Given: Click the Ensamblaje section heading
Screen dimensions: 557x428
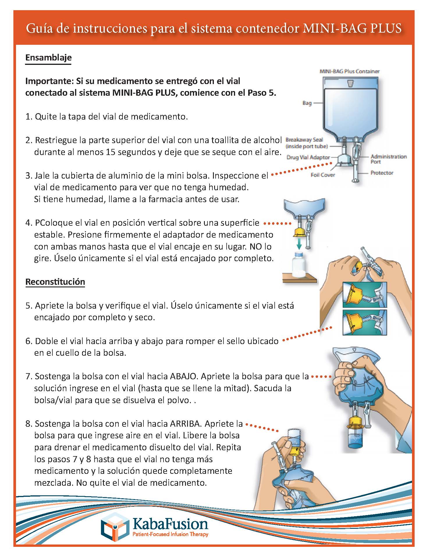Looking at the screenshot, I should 48,57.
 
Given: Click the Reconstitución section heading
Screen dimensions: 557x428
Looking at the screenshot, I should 55,282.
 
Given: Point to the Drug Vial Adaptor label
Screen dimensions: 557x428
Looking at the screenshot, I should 308,157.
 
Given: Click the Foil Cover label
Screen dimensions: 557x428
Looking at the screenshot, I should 323,175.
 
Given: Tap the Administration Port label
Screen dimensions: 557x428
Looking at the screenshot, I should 388,159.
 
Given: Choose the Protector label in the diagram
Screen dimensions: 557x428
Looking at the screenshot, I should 382,173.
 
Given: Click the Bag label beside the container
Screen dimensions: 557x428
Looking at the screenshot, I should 307,103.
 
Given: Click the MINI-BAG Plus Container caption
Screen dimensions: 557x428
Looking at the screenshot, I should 349,71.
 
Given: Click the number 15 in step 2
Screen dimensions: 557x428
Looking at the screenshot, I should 107,152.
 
